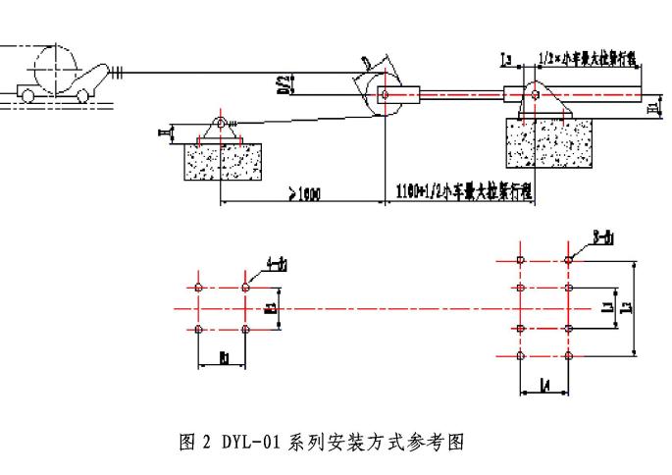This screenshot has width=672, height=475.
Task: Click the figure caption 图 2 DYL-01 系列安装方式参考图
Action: coord(322,442)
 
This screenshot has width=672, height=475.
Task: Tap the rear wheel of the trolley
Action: coord(26,95)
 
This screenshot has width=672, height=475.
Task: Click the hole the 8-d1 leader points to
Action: coord(569,261)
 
